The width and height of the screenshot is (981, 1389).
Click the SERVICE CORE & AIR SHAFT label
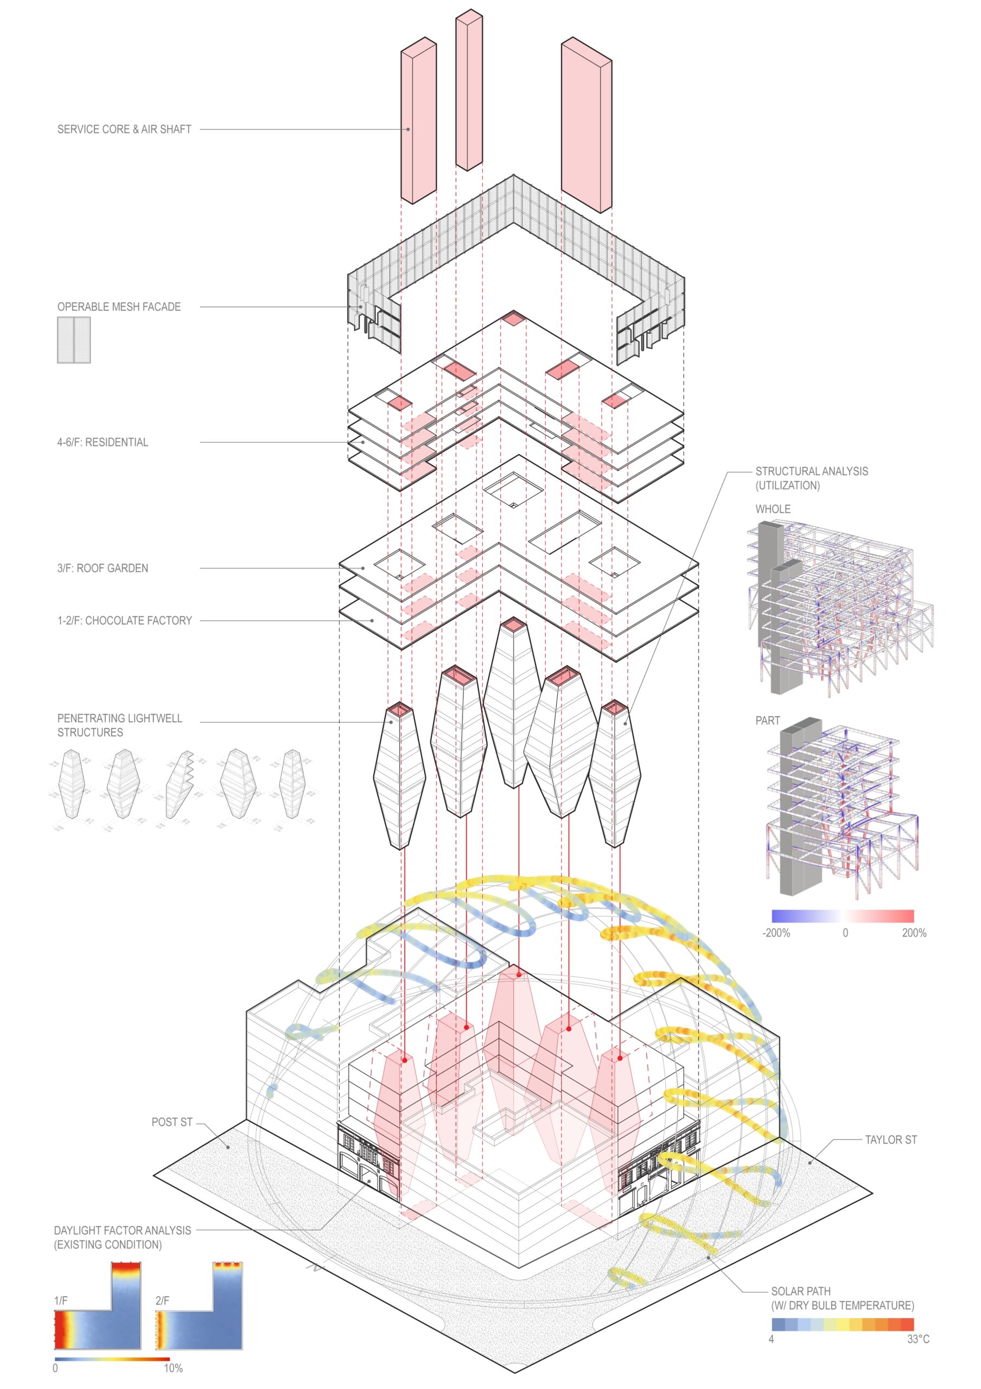click(124, 130)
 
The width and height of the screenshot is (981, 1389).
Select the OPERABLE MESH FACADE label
click(119, 307)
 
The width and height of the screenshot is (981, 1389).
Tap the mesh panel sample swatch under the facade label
click(74, 340)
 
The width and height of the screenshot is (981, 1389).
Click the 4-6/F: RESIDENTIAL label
click(103, 442)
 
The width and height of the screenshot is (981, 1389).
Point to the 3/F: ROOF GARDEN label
click(103, 568)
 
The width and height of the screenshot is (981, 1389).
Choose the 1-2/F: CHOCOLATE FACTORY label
click(125, 621)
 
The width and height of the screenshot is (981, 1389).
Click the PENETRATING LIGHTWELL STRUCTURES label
click(120, 725)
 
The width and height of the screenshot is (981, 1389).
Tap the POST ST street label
click(172, 1122)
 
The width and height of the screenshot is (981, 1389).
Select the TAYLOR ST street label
click(891, 1140)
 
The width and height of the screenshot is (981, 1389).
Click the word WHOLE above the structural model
click(773, 509)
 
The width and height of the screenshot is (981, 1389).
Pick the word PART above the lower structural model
click(768, 721)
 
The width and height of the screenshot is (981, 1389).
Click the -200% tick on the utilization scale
click(776, 933)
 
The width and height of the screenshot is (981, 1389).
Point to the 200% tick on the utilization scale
click(914, 933)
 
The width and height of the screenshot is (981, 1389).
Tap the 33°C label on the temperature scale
click(918, 1340)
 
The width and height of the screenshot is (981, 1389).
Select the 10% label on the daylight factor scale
click(173, 1368)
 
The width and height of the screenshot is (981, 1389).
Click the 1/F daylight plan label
click(61, 1301)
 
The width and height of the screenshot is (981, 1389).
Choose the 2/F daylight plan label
click(162, 1301)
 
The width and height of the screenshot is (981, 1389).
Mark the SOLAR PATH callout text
click(842, 1298)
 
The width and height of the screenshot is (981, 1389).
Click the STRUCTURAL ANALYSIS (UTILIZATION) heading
click(812, 478)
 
